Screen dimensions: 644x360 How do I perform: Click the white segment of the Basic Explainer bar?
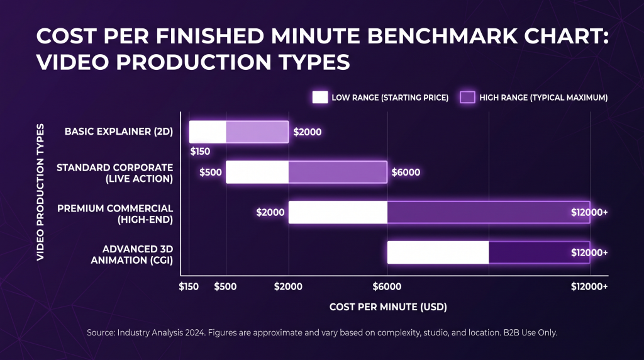pos(208,132)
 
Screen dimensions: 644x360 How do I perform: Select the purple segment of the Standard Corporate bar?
pos(338,172)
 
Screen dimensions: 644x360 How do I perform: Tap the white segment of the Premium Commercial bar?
pos(338,212)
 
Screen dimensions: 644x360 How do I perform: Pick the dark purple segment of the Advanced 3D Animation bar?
pos(539,252)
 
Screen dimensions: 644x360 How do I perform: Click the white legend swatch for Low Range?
pos(320,98)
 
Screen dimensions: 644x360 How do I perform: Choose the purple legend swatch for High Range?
pos(467,98)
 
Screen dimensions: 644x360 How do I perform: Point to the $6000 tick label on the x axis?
pos(387,286)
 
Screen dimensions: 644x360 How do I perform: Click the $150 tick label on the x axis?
pos(189,286)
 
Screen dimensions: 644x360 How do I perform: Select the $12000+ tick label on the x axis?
pos(589,286)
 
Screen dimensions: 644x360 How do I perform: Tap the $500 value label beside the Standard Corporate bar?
pos(211,172)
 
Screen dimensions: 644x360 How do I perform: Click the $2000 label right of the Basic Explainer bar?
pos(307,132)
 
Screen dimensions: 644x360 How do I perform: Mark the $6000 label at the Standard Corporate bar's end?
pos(406,172)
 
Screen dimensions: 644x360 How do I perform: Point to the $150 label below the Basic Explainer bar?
pos(200,151)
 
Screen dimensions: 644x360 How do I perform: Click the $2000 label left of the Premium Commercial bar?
pos(270,212)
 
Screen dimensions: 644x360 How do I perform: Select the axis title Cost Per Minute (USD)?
pos(388,307)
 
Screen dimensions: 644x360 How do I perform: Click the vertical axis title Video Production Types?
pos(40,193)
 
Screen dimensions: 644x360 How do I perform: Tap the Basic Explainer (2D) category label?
pos(119,132)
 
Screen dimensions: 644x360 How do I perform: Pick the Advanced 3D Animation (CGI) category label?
pos(132,254)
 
